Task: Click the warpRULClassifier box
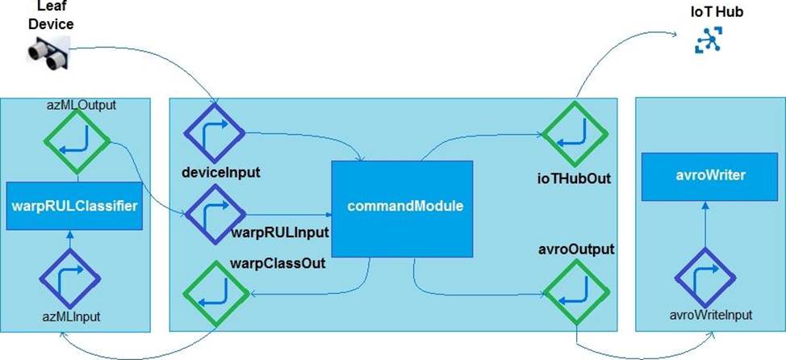[73, 206]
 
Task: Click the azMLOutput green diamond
[77, 140]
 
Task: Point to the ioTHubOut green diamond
[572, 132]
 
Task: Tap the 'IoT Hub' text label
[705, 13]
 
